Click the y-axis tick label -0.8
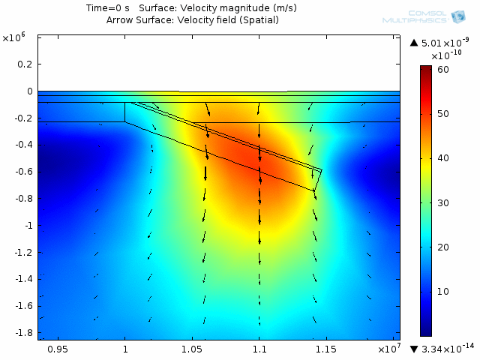(23, 198)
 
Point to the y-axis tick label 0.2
(25, 64)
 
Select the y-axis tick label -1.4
(23, 279)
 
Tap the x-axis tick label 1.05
(192, 349)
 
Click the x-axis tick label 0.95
(58, 349)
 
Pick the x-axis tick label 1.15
(326, 349)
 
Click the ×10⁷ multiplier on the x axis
(389, 348)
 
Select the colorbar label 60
(443, 70)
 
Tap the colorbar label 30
(443, 203)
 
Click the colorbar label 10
(443, 292)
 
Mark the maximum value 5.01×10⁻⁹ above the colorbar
(445, 42)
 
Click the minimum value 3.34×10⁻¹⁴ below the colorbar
(448, 348)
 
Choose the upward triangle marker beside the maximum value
(414, 43)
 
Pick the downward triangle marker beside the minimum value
(414, 349)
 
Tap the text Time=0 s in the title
(108, 8)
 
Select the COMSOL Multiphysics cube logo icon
(458, 16)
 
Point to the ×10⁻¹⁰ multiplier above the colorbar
(446, 55)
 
